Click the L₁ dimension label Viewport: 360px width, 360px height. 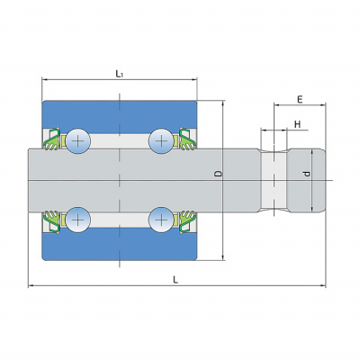tap(120, 74)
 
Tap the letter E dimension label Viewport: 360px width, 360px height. tap(300, 100)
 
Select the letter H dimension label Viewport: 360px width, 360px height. tap(297, 124)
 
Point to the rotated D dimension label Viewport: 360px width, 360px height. tap(219, 174)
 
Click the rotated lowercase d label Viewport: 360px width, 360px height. tap(306, 174)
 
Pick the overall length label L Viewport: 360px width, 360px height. tap(175, 280)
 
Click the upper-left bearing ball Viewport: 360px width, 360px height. tap(78, 140)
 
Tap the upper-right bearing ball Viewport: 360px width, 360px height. tap(161, 140)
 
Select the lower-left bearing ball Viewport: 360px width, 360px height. tap(78, 220)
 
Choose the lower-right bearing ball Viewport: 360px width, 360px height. tap(161, 220)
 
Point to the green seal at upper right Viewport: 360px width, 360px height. tap(187, 139)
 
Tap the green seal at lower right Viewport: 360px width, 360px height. tap(187, 221)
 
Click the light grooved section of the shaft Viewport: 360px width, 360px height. tap(274, 180)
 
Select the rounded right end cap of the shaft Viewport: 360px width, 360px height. tap(307, 180)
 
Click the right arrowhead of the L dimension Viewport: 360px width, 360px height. tap(323, 286)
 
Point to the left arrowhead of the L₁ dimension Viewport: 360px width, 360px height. tap(45, 80)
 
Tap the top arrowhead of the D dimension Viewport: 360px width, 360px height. tap(222, 103)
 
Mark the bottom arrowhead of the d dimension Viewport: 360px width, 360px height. tap(311, 208)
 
